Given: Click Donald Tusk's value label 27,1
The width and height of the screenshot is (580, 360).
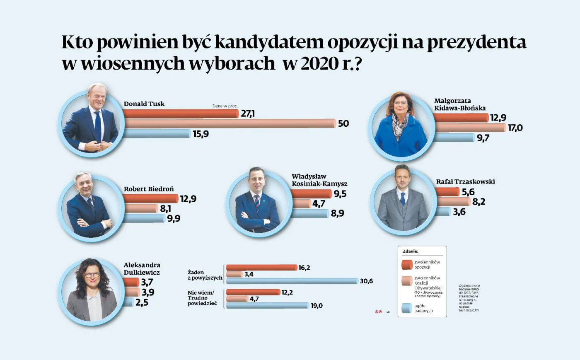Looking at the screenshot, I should point(248,114).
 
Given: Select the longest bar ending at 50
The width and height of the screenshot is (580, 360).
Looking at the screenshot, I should point(230,123).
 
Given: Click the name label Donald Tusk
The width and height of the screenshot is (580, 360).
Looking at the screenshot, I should point(144,104).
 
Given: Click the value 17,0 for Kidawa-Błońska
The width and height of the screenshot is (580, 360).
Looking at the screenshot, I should point(515,128).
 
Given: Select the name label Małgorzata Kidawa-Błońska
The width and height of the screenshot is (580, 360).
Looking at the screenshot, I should point(459,104).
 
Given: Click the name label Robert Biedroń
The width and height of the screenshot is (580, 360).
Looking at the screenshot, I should point(149,189).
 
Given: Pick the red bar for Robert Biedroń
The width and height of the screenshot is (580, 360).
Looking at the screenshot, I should point(150,199).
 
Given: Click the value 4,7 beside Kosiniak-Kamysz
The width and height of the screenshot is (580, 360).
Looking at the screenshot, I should point(319,204).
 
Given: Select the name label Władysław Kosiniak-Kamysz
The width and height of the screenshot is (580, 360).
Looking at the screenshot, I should point(319,180).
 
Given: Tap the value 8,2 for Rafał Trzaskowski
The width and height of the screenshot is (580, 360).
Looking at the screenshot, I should point(479,202).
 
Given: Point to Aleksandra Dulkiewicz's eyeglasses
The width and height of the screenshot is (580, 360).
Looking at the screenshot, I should point(92,275).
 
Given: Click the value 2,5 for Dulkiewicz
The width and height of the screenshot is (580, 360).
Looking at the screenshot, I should point(142,302).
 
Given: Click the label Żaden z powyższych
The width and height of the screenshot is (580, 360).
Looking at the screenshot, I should point(205,275).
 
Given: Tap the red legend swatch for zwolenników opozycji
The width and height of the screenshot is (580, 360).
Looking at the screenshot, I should point(407,264).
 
